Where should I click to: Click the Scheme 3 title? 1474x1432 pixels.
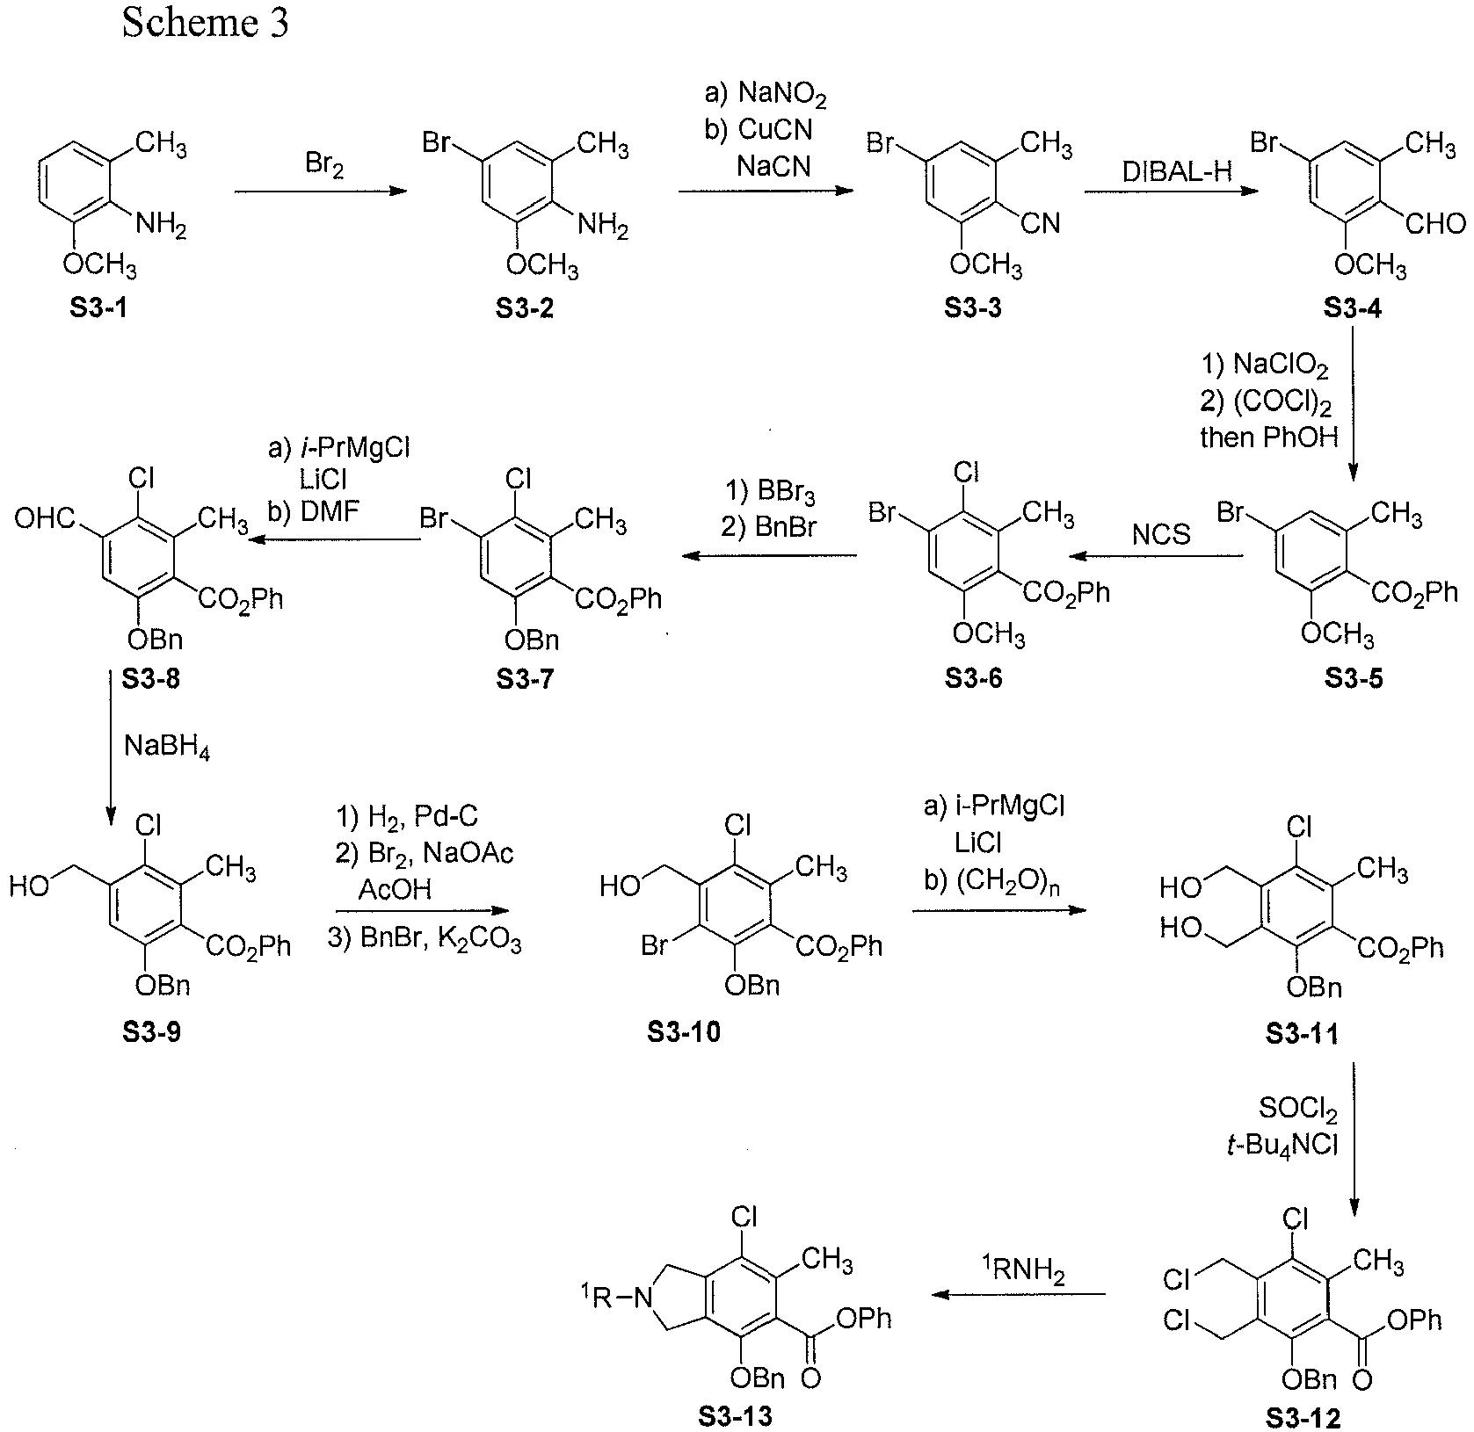(x=205, y=24)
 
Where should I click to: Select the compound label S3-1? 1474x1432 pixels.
(x=98, y=310)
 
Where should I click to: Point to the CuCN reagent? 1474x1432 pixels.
(x=775, y=129)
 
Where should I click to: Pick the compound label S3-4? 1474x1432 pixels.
(x=1350, y=310)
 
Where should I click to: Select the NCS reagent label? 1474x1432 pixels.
(x=1162, y=533)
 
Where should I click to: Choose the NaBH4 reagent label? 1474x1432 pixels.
(x=167, y=749)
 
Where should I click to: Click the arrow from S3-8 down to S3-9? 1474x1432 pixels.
(x=110, y=747)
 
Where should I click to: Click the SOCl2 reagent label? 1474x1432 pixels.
(x=1298, y=1114)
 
